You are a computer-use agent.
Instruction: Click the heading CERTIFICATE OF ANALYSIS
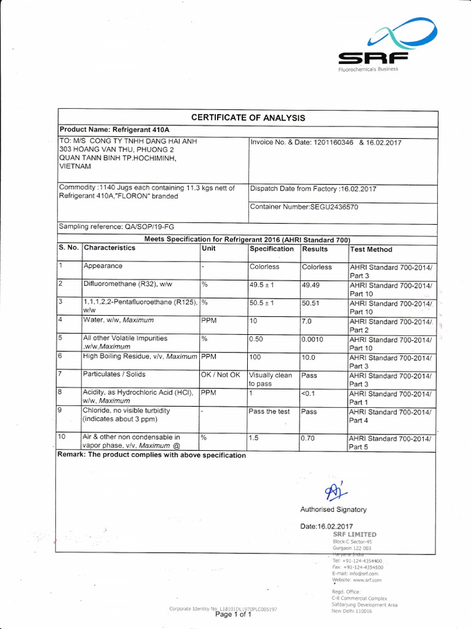click(x=248, y=117)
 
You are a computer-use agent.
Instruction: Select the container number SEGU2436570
click(x=334, y=207)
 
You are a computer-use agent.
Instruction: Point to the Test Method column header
click(x=371, y=249)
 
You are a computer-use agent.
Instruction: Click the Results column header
click(x=315, y=249)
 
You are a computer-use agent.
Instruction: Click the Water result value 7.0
click(x=308, y=321)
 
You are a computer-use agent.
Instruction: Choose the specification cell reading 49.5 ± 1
click(x=264, y=285)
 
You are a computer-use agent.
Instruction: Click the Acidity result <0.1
click(x=309, y=394)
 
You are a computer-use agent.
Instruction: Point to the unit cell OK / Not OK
click(x=220, y=375)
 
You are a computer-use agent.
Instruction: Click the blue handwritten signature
click(x=334, y=491)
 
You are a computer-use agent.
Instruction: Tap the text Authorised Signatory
click(x=333, y=509)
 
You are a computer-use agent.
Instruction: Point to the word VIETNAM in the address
click(x=75, y=166)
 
